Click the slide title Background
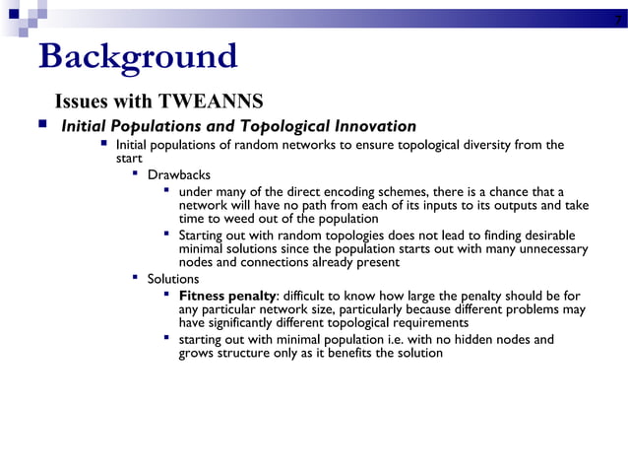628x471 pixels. [x=137, y=57]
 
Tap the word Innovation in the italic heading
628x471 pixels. [x=370, y=126]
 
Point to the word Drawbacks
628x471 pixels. [x=179, y=174]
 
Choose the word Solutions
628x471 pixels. [x=173, y=279]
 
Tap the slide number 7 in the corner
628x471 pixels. [x=616, y=19]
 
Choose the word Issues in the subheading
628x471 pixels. [x=81, y=101]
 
